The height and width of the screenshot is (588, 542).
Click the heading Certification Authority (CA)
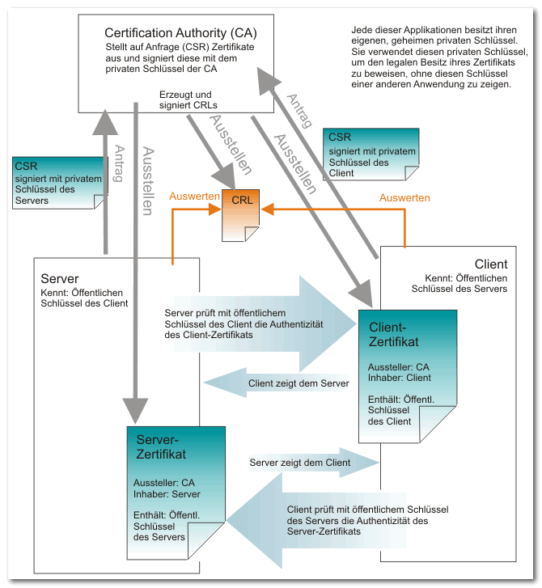(x=180, y=33)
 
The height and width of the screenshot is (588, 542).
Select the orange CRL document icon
(x=240, y=215)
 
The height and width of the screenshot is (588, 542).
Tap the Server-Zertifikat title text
(x=161, y=446)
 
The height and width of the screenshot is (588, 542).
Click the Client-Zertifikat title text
(x=393, y=335)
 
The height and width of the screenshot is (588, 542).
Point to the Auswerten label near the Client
(x=404, y=197)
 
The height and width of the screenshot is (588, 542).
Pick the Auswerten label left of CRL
(x=194, y=196)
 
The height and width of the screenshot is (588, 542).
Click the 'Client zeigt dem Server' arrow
(x=277, y=383)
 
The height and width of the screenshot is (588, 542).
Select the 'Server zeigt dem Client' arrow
(x=315, y=463)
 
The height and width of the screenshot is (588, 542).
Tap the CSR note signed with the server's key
(x=60, y=183)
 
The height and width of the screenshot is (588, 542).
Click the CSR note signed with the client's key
(x=371, y=154)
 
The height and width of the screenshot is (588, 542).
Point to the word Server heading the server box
(x=60, y=278)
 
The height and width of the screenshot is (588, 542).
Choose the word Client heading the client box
(x=491, y=264)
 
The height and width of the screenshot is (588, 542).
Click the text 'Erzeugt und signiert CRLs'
(x=188, y=99)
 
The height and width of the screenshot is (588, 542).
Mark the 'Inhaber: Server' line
(x=167, y=494)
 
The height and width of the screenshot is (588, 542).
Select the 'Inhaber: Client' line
(x=399, y=378)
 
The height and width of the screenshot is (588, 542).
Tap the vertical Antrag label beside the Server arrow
(x=119, y=163)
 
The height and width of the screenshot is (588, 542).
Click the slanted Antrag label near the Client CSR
(x=299, y=111)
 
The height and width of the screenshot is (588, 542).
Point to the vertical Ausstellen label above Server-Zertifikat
(x=148, y=181)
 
